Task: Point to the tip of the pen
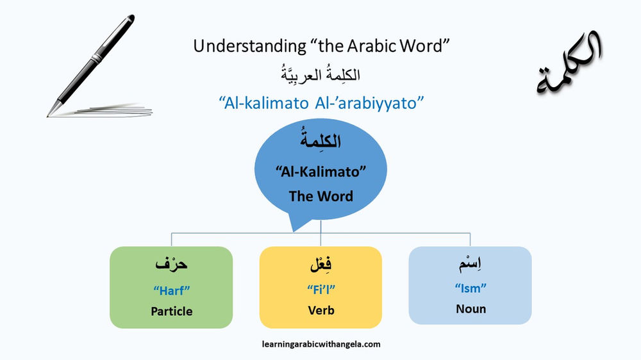(49, 115)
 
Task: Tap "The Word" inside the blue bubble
(320, 196)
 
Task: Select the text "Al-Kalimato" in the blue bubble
(320, 172)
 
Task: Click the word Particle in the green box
(171, 311)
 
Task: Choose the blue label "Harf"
(171, 290)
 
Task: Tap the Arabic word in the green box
(171, 264)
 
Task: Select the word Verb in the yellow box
(320, 311)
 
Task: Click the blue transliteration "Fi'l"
(320, 290)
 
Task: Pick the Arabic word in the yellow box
(320, 264)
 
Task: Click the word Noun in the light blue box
(470, 309)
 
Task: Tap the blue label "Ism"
(470, 288)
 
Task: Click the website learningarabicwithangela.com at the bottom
(321, 344)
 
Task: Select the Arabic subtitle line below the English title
(320, 74)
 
